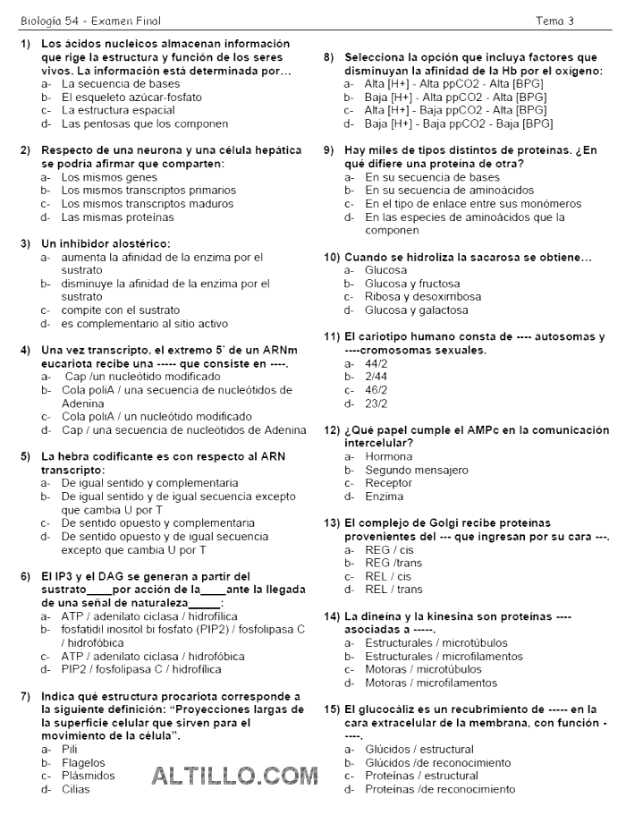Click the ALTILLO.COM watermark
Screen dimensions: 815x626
(x=235, y=775)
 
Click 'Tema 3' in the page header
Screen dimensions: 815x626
(x=554, y=21)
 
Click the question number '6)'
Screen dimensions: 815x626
(x=25, y=576)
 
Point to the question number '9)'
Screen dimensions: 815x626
(x=328, y=150)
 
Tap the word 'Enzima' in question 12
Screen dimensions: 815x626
(x=384, y=497)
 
